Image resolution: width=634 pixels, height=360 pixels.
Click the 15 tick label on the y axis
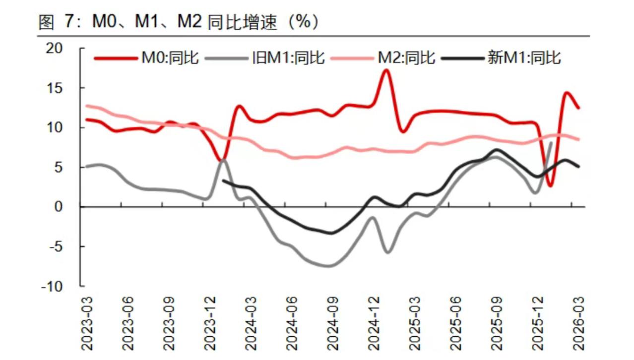point(56,88)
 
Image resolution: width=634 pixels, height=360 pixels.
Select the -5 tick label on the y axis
point(56,246)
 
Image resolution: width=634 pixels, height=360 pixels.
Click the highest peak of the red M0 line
point(386,70)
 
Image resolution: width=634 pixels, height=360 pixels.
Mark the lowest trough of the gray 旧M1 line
point(330,266)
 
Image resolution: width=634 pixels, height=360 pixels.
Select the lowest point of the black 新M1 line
point(331,233)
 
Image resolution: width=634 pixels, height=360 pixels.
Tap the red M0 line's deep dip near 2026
point(551,186)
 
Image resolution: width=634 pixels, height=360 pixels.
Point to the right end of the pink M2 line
point(578,139)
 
